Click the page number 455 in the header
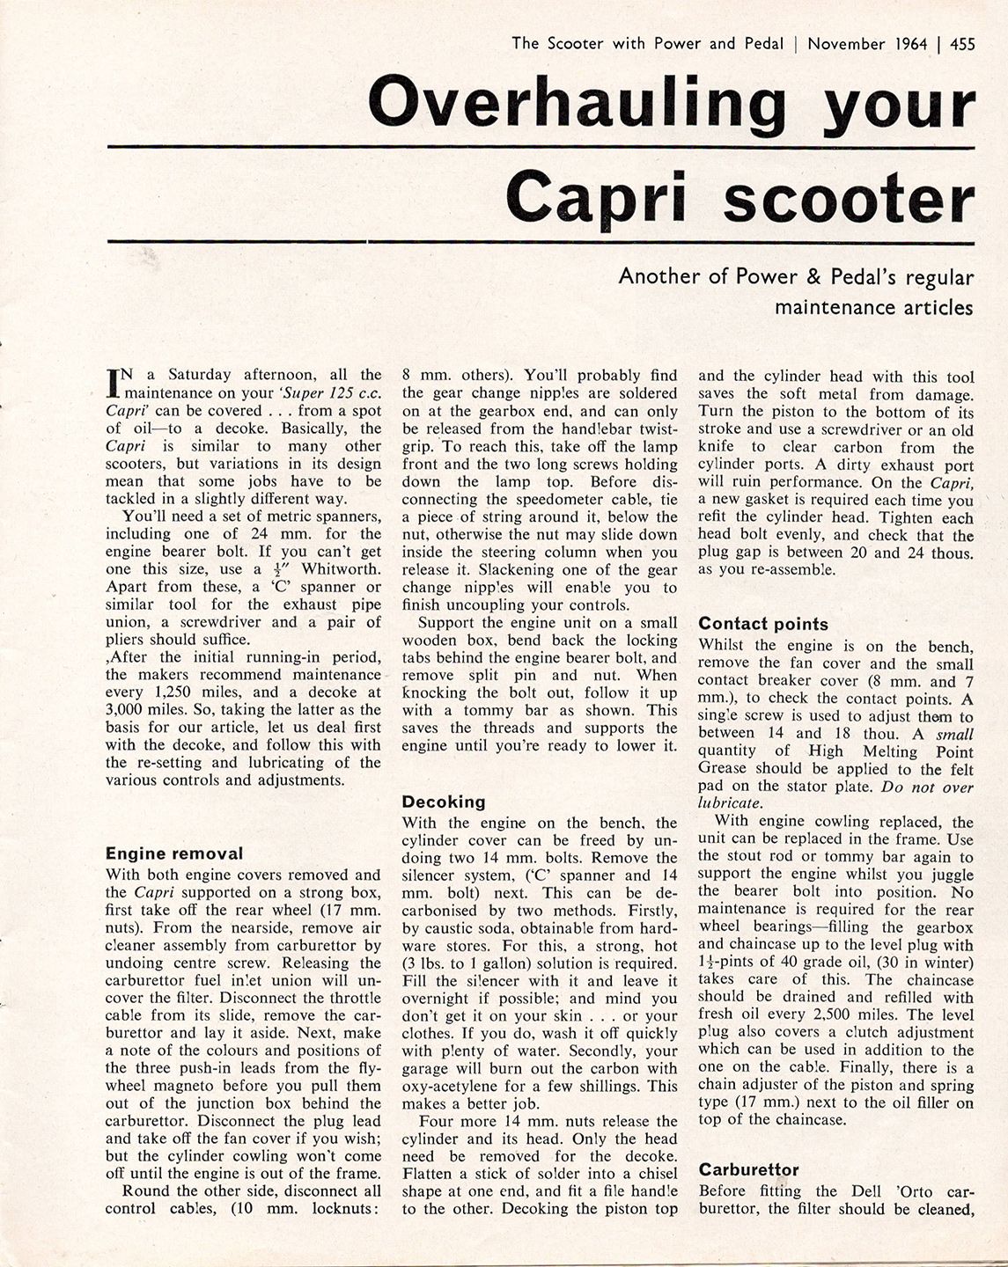(962, 43)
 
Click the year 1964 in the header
(907, 43)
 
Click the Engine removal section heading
(174, 853)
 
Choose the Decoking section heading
(444, 802)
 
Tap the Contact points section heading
(763, 624)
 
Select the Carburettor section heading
(748, 1169)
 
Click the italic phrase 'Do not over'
(928, 787)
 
